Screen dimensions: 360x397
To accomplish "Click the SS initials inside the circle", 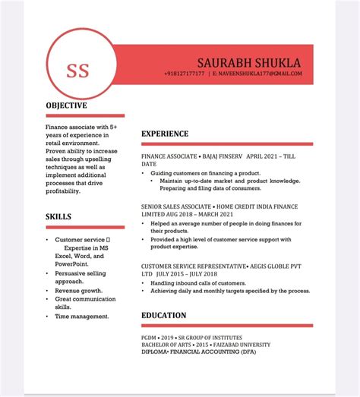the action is pos(77,71).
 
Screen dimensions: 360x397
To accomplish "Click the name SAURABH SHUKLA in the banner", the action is pos(248,62).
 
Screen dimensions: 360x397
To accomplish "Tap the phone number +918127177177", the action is pos(184,74).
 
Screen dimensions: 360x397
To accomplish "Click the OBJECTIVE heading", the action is pos(67,106).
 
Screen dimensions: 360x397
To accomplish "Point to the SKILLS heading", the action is pos(58,216).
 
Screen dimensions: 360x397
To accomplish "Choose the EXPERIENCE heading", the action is pos(165,134).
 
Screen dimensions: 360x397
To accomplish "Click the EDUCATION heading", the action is pos(163,315).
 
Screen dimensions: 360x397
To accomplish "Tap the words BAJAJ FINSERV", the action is pos(222,156).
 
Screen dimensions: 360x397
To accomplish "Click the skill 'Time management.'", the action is pos(82,316).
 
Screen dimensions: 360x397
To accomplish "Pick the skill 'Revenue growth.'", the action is pos(79,290).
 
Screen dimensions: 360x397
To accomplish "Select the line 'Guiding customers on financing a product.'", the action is pos(201,173).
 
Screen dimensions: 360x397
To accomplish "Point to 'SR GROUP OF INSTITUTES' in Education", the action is pos(211,337).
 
